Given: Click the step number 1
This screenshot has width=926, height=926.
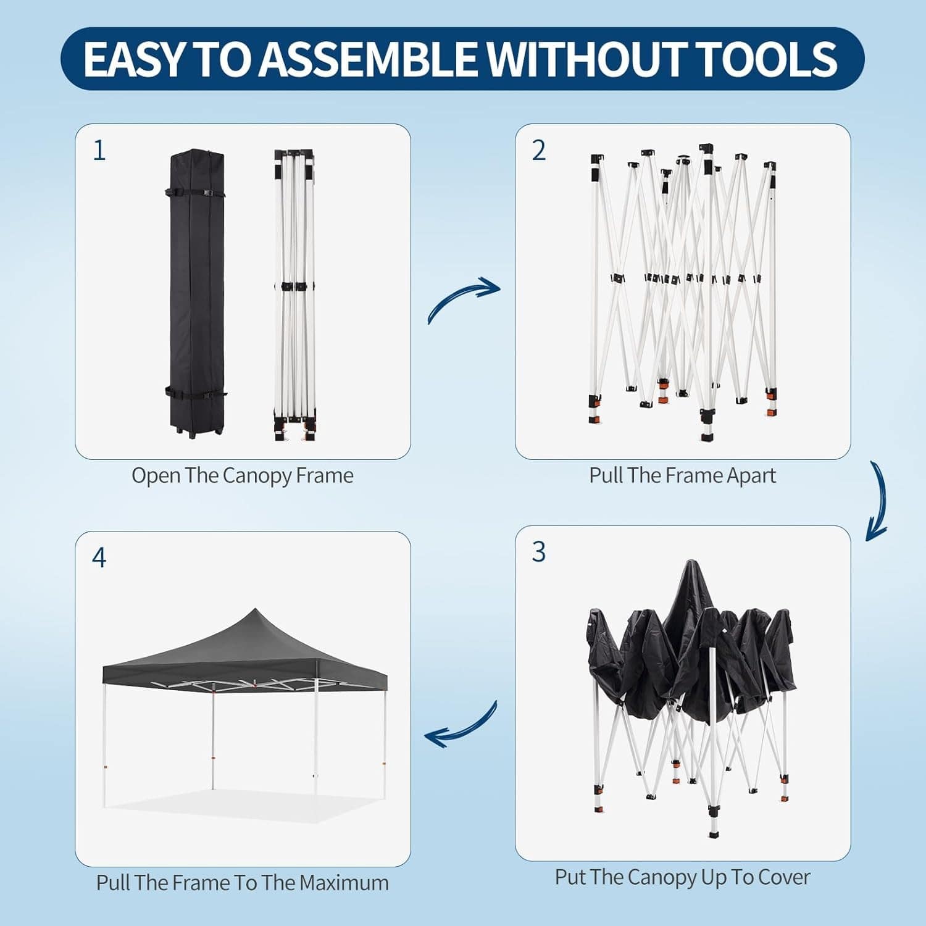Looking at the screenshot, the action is (x=99, y=150).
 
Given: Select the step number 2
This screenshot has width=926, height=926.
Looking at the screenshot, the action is (x=539, y=150).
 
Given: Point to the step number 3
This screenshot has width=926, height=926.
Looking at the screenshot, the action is (x=539, y=552).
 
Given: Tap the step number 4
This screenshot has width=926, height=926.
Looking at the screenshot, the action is (x=99, y=557).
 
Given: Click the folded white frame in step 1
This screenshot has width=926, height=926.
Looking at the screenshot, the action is (x=294, y=295).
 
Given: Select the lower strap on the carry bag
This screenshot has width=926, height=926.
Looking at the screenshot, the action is (x=196, y=393).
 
